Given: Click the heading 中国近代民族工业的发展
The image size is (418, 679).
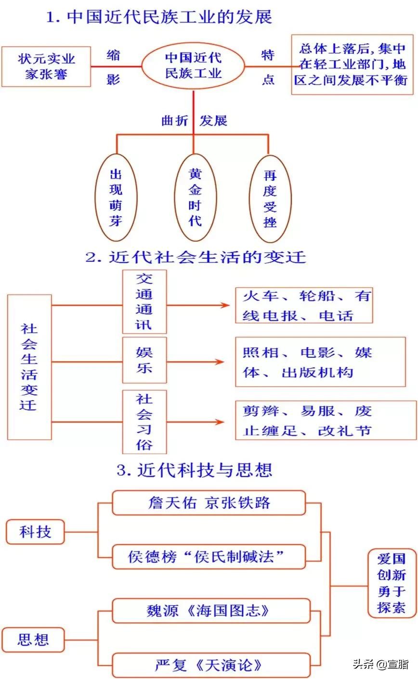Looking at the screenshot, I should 159,17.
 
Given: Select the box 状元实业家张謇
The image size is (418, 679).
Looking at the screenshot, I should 46,66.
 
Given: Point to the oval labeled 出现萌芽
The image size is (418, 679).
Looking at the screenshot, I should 116,197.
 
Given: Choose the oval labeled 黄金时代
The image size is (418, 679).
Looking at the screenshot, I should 195,197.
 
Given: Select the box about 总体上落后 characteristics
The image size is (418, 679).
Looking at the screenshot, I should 352,64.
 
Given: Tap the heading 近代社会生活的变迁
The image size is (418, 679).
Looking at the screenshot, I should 196,257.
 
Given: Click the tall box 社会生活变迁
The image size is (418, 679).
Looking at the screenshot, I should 29,367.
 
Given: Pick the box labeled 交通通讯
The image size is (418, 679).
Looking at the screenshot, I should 144,302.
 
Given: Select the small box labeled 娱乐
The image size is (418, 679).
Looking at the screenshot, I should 144,360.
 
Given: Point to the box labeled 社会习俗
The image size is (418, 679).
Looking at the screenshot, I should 144,422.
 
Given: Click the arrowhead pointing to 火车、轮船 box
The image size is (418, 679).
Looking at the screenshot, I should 222,305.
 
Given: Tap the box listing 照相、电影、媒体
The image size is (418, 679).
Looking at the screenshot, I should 320,362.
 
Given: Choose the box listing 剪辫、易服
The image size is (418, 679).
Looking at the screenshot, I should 326,420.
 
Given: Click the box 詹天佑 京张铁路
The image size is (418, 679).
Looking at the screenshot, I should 209,503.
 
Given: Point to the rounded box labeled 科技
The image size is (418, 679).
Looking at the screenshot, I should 35,532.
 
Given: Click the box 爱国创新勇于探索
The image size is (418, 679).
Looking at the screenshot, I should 392,583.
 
